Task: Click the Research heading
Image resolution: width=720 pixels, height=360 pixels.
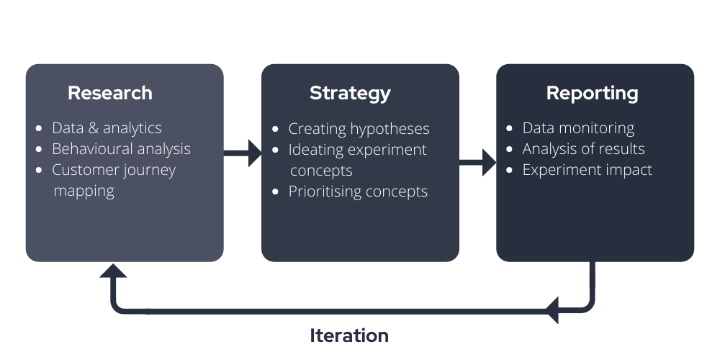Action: (x=110, y=93)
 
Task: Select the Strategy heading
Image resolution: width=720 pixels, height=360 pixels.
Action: (x=350, y=93)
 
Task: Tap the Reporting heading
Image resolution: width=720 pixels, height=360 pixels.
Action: (x=592, y=93)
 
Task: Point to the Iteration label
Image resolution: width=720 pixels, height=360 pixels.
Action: (x=349, y=336)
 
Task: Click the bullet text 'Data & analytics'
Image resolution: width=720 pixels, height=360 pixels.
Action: (x=107, y=128)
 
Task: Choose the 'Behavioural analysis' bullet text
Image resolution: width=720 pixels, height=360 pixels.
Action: (x=121, y=149)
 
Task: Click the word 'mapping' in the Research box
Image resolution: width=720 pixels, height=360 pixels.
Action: (x=84, y=192)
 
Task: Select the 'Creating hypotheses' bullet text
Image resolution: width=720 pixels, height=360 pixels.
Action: (x=359, y=129)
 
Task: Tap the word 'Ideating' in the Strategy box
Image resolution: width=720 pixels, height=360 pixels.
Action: (x=316, y=150)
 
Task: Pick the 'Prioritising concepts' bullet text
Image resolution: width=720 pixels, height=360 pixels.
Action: (x=358, y=192)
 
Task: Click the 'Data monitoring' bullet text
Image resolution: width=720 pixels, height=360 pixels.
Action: (x=578, y=128)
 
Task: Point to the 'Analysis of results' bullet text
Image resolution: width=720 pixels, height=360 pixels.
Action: (x=583, y=149)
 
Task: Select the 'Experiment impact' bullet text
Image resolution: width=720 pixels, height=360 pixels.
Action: (x=587, y=170)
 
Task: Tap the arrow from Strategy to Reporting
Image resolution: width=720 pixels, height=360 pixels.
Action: (x=477, y=162)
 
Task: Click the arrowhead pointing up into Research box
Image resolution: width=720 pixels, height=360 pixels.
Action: (x=113, y=271)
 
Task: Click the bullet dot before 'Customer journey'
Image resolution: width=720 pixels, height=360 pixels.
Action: (x=39, y=171)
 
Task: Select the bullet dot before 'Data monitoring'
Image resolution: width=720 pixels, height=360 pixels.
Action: (x=510, y=129)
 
